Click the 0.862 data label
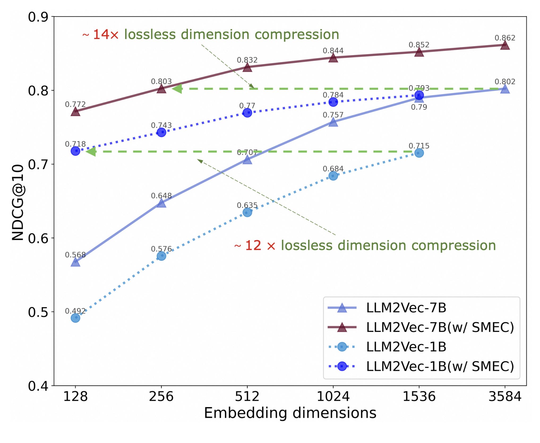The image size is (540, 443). (x=505, y=38)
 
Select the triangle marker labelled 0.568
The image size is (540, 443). (x=75, y=262)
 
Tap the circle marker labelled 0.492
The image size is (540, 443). (x=75, y=318)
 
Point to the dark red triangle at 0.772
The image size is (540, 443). (x=75, y=112)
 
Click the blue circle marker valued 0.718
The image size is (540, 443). (x=75, y=151)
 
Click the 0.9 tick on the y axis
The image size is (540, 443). (x=38, y=17)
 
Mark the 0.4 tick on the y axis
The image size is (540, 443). (x=38, y=386)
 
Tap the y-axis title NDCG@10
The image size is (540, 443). (x=18, y=202)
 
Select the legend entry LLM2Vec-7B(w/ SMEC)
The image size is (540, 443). (x=440, y=327)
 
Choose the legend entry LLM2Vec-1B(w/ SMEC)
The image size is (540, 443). (x=440, y=366)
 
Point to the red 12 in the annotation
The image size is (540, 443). (x=253, y=245)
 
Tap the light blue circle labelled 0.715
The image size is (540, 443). (x=419, y=153)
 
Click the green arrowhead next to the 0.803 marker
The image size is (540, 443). (x=177, y=89)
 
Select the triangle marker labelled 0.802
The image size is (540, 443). (x=505, y=89)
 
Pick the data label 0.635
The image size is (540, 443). (x=247, y=205)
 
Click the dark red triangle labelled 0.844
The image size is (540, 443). (x=333, y=58)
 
